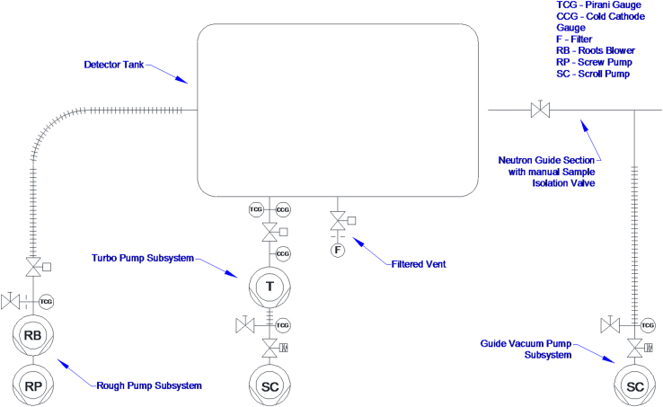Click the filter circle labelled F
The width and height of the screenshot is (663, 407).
click(338, 250)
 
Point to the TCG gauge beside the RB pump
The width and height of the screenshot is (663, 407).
click(47, 301)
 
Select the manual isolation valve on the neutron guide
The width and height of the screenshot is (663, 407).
click(541, 111)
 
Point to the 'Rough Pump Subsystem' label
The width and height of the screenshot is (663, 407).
click(148, 385)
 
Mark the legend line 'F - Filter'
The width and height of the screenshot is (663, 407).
click(576, 40)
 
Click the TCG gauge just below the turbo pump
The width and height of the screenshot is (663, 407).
click(282, 324)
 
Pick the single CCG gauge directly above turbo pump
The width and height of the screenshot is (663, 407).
click(282, 254)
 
